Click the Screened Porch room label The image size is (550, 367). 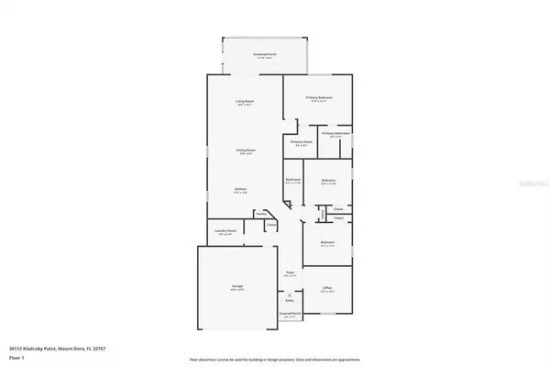click(x=265, y=55)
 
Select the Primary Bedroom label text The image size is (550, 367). click(x=318, y=96)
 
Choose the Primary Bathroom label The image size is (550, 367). click(x=335, y=134)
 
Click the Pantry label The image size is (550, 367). click(x=261, y=214)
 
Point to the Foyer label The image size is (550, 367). click(x=289, y=272)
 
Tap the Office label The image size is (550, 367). click(x=326, y=288)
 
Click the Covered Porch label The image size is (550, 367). click(x=290, y=314)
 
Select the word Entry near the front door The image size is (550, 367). click(x=290, y=300)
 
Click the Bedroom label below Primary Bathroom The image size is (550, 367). click(x=326, y=180)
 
